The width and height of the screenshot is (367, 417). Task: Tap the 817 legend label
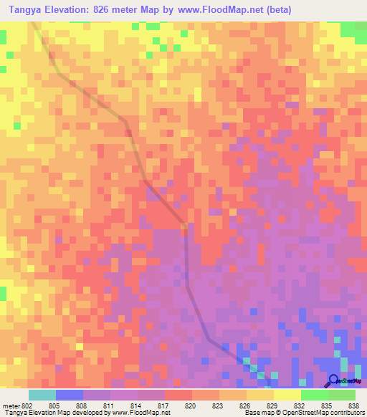[x=164, y=405]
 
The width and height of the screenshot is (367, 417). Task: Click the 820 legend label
[x=191, y=405]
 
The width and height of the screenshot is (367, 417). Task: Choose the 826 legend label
[x=245, y=405]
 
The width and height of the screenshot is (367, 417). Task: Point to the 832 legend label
[x=300, y=405]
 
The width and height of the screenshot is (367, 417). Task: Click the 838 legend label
[x=353, y=405]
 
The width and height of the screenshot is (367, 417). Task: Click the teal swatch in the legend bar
[x=42, y=395]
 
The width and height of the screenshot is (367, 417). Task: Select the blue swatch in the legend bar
[x=69, y=395]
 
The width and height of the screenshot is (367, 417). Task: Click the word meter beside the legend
[x=11, y=405]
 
